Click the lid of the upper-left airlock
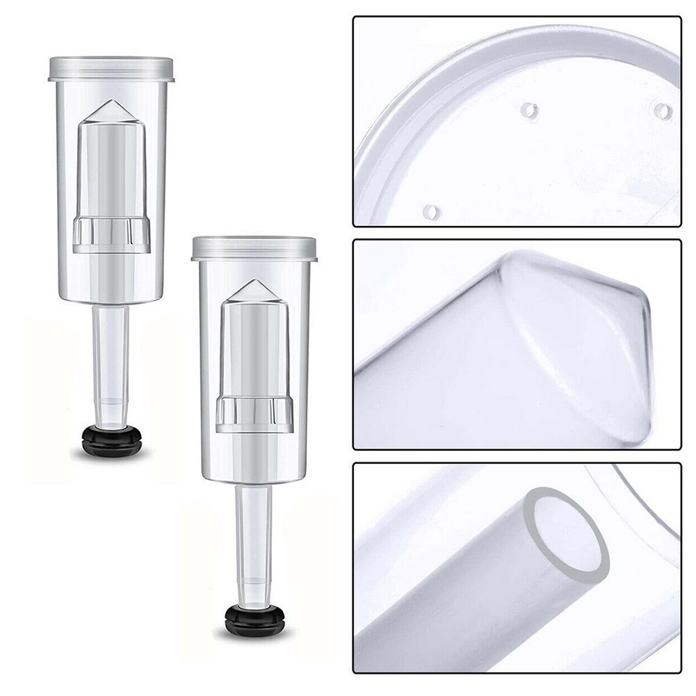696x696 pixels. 111,68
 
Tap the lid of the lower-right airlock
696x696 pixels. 254,248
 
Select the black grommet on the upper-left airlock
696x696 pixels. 112,440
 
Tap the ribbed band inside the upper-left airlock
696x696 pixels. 112,234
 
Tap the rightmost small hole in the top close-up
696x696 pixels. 664,111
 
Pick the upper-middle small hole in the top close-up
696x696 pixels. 529,110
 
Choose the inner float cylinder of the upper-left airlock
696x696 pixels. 112,174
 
